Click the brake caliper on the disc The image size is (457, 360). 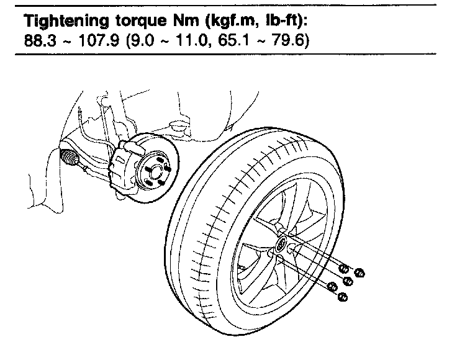click(x=125, y=165)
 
